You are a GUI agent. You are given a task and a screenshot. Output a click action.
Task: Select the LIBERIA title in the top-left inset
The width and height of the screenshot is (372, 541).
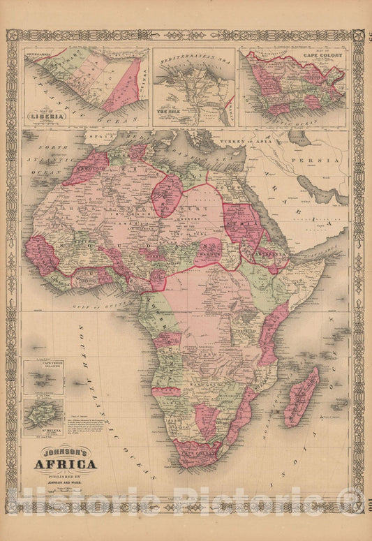47,117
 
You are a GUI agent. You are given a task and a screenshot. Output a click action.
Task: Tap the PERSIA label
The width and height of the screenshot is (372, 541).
327,160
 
